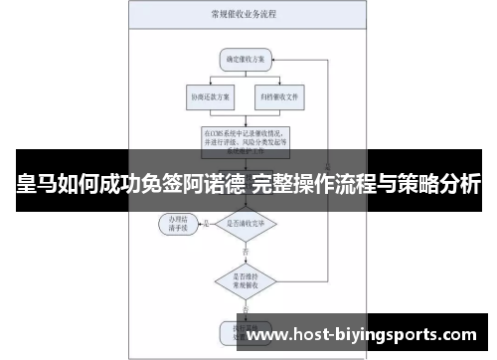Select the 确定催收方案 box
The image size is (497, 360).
coord(245,61)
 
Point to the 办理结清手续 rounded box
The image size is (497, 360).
coord(180,222)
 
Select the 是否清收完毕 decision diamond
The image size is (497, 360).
coord(245,223)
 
